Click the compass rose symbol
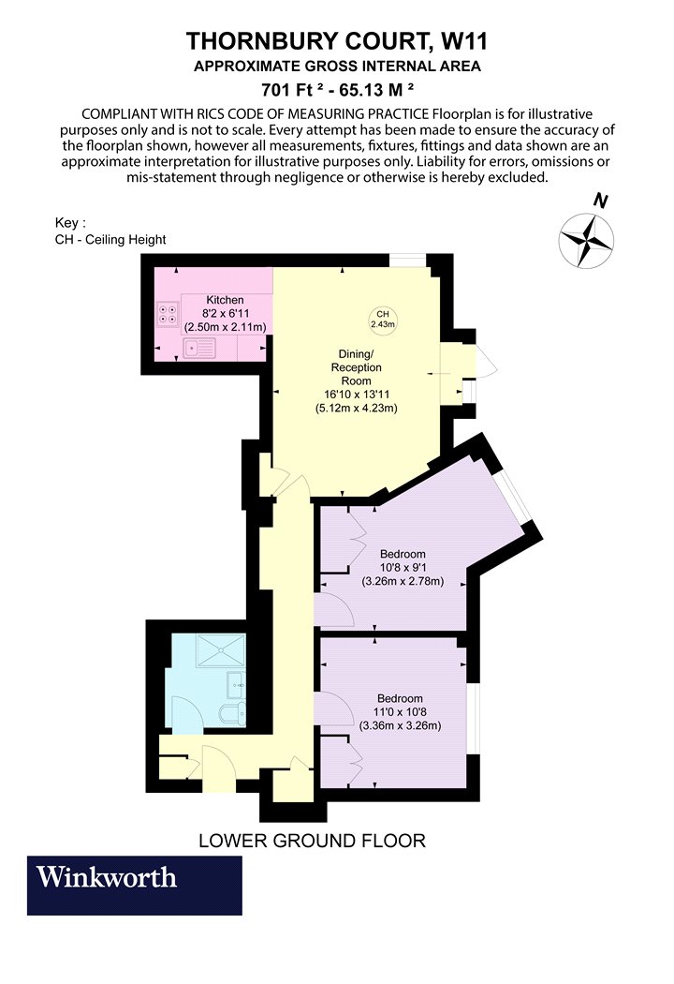pos(586,241)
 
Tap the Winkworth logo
pos(134,885)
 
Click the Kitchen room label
pos(225,300)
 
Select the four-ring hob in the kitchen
pos(168,314)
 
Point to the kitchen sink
pos(199,347)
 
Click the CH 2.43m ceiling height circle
pos(383,319)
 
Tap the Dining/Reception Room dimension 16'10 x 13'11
pos(356,395)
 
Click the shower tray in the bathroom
pos(220,650)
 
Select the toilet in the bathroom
pos(233,714)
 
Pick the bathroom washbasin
pos(237,683)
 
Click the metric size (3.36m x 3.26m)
pos(400,726)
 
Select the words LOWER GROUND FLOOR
pos(313,841)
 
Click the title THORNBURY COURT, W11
pos(337,41)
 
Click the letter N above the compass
pos(601,201)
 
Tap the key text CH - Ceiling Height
pos(110,240)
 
